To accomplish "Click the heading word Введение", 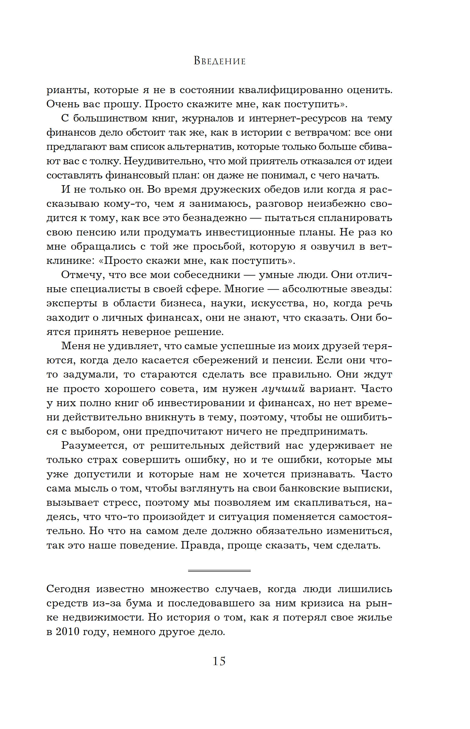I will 220,61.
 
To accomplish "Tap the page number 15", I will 219,661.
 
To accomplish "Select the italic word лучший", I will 283,388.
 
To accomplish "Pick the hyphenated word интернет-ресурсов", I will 297,118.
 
